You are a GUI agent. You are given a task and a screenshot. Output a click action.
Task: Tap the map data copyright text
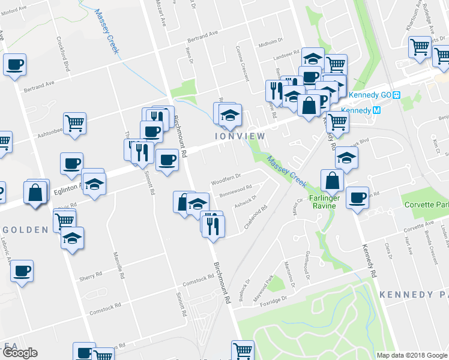pos(412,355)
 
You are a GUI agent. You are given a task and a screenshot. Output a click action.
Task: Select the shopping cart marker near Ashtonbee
pos(74,122)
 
